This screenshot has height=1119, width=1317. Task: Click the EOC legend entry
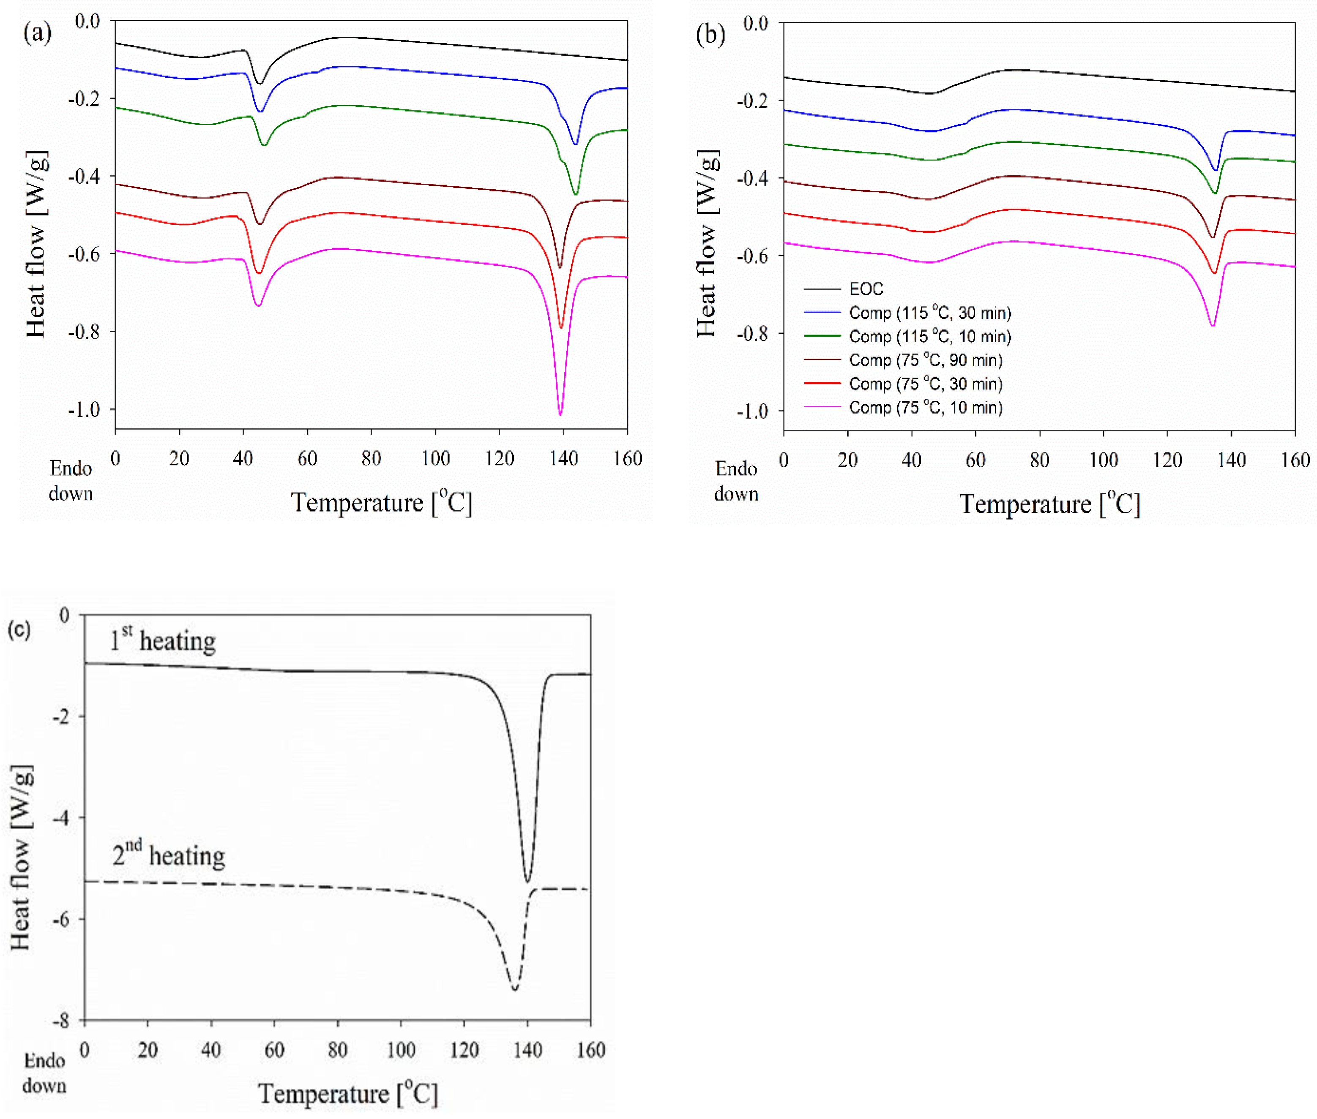(x=866, y=289)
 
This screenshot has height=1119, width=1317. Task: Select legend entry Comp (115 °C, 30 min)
(x=929, y=313)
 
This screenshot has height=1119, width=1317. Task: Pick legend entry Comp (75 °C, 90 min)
(x=925, y=360)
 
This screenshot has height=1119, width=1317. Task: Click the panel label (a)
(x=38, y=32)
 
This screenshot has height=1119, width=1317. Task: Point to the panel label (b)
(x=710, y=34)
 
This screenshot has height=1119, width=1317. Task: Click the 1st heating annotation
(x=162, y=641)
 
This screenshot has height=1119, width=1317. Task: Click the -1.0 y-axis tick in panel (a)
(x=85, y=409)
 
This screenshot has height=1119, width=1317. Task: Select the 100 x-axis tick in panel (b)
(x=1103, y=460)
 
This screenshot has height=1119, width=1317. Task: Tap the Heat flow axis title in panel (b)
(x=707, y=244)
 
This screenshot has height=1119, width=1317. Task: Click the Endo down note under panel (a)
(x=71, y=481)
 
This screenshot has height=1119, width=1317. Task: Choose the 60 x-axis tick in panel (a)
(x=307, y=458)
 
